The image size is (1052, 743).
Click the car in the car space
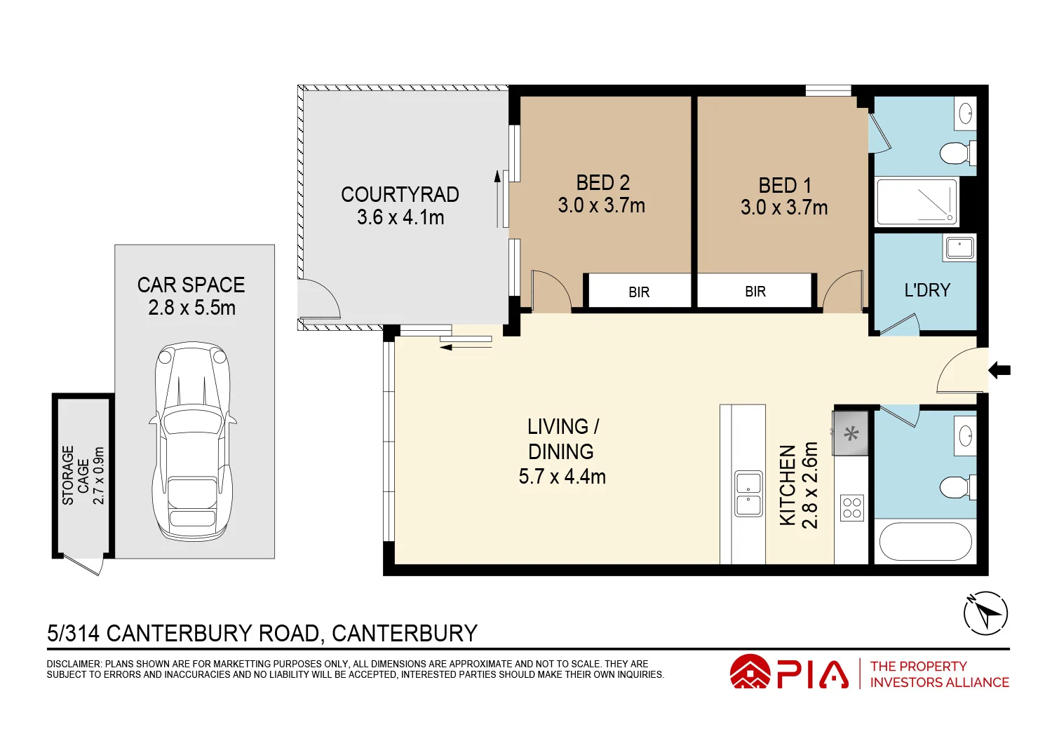(193, 440)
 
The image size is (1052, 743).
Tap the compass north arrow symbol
(986, 613)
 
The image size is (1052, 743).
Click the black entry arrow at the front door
(999, 370)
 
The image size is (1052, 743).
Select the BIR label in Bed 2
(639, 292)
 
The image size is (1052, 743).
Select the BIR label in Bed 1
(755, 292)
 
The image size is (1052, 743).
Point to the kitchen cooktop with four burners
(851, 507)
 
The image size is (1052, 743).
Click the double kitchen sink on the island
(748, 493)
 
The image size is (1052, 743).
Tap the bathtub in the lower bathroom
(925, 541)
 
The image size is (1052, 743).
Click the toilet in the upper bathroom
(958, 153)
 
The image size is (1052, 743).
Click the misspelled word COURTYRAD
(400, 194)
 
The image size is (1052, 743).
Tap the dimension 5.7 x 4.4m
(562, 477)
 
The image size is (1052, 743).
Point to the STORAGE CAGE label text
(75, 475)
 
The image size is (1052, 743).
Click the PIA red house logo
(750, 672)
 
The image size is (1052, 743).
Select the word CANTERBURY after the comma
(405, 633)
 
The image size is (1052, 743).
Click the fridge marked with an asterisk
(851, 433)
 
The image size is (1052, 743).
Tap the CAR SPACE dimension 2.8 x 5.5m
(191, 308)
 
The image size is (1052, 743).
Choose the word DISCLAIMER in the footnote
(74, 664)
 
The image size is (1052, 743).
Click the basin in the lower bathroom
(965, 436)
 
